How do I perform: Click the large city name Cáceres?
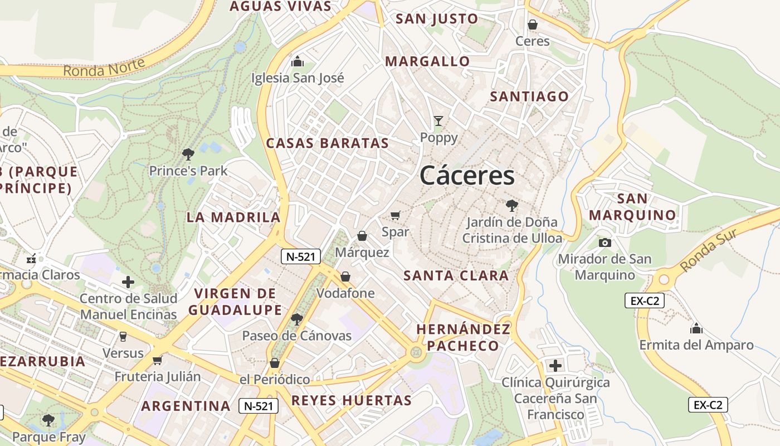[x=467, y=176]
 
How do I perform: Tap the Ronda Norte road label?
[x=104, y=67]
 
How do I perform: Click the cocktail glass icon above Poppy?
[x=439, y=121]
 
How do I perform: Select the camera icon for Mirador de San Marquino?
[x=604, y=243]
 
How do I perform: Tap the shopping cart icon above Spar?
[x=396, y=215]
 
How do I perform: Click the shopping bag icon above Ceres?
[x=533, y=25]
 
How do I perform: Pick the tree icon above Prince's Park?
[x=188, y=154]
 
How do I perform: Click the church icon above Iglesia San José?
[x=298, y=61]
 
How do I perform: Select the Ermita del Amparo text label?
[x=696, y=345]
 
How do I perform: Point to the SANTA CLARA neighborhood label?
[x=456, y=275]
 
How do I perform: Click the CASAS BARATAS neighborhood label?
[x=327, y=143]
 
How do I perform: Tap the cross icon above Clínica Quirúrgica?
[x=555, y=366]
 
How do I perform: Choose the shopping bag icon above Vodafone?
[x=345, y=277]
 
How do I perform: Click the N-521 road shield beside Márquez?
[x=300, y=256]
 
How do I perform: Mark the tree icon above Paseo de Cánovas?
[x=297, y=319]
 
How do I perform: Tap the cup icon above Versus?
[x=123, y=336]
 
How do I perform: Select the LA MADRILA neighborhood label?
[x=233, y=217]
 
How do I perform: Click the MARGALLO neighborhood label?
[x=427, y=61]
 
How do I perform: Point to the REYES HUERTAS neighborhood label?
[x=351, y=400]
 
